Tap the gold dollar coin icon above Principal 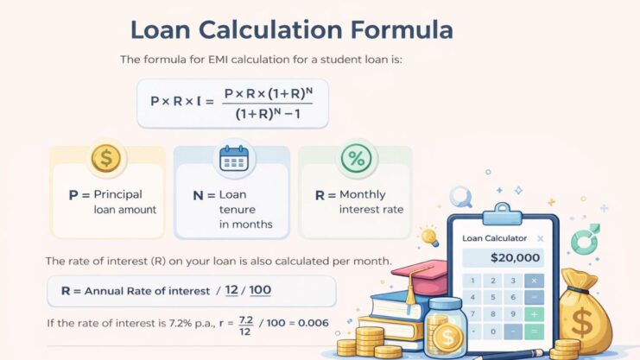click(106, 158)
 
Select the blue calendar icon click(233, 158)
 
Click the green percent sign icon click(354, 158)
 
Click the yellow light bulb click(428, 234)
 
